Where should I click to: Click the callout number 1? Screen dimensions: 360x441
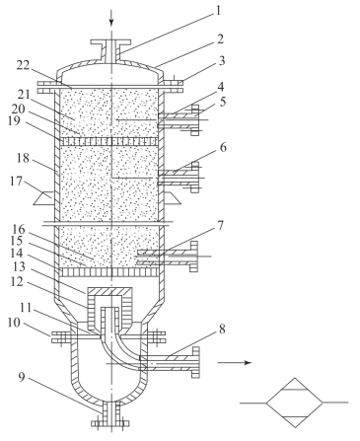click(217, 11)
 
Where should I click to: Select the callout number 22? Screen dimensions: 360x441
click(23, 66)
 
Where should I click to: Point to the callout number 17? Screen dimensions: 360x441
click(16, 182)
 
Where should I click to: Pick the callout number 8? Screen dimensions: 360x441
click(222, 329)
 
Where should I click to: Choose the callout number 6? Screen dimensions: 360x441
click(223, 148)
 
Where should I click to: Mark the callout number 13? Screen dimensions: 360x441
click(19, 266)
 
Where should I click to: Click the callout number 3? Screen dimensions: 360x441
click(222, 60)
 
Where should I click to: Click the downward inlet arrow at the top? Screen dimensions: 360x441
click(111, 18)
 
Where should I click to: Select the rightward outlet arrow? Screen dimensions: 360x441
click(235, 362)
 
